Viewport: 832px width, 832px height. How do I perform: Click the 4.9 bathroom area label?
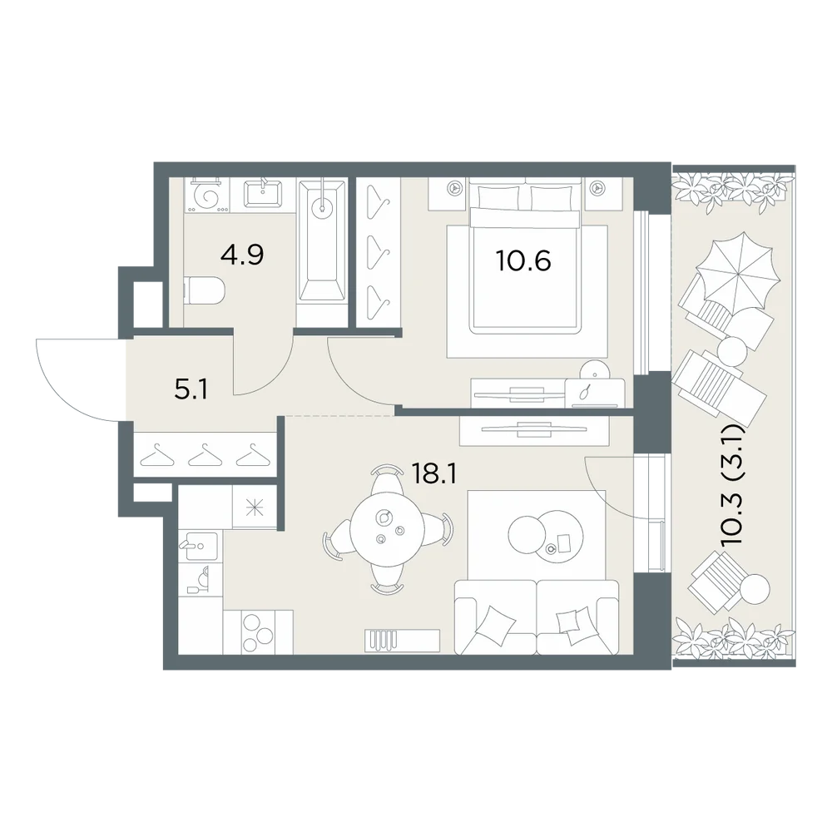pyautogui.click(x=242, y=255)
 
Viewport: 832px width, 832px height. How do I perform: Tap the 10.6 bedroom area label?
pyautogui.click(x=523, y=260)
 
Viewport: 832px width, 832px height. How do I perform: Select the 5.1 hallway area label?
pyautogui.click(x=191, y=390)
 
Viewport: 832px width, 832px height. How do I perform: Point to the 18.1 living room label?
pyautogui.click(x=434, y=474)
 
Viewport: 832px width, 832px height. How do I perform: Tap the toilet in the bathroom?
pyautogui.click(x=205, y=290)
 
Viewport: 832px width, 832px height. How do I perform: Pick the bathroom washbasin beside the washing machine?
pyautogui.click(x=263, y=194)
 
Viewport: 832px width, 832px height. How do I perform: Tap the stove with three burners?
pyautogui.click(x=259, y=632)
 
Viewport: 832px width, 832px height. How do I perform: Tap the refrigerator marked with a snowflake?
pyautogui.click(x=255, y=508)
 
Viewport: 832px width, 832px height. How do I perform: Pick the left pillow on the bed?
pyautogui.click(x=499, y=197)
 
